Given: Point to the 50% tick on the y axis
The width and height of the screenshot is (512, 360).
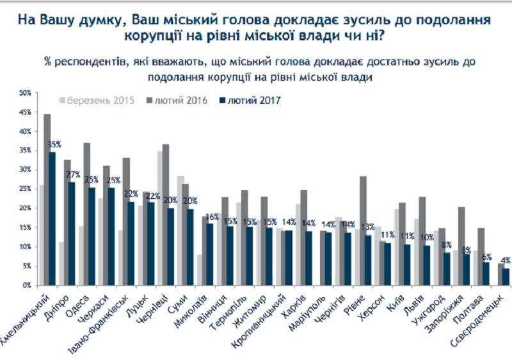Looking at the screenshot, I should [24, 94].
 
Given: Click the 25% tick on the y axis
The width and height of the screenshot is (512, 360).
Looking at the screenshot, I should [24, 189].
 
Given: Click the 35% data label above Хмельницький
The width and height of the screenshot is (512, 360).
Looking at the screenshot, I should [54, 145].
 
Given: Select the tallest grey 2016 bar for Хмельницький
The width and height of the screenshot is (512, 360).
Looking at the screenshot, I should [47, 199].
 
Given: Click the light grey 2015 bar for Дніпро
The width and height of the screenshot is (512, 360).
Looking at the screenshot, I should [61, 263].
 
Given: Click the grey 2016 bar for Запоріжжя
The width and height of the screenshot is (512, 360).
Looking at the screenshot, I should [462, 246].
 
